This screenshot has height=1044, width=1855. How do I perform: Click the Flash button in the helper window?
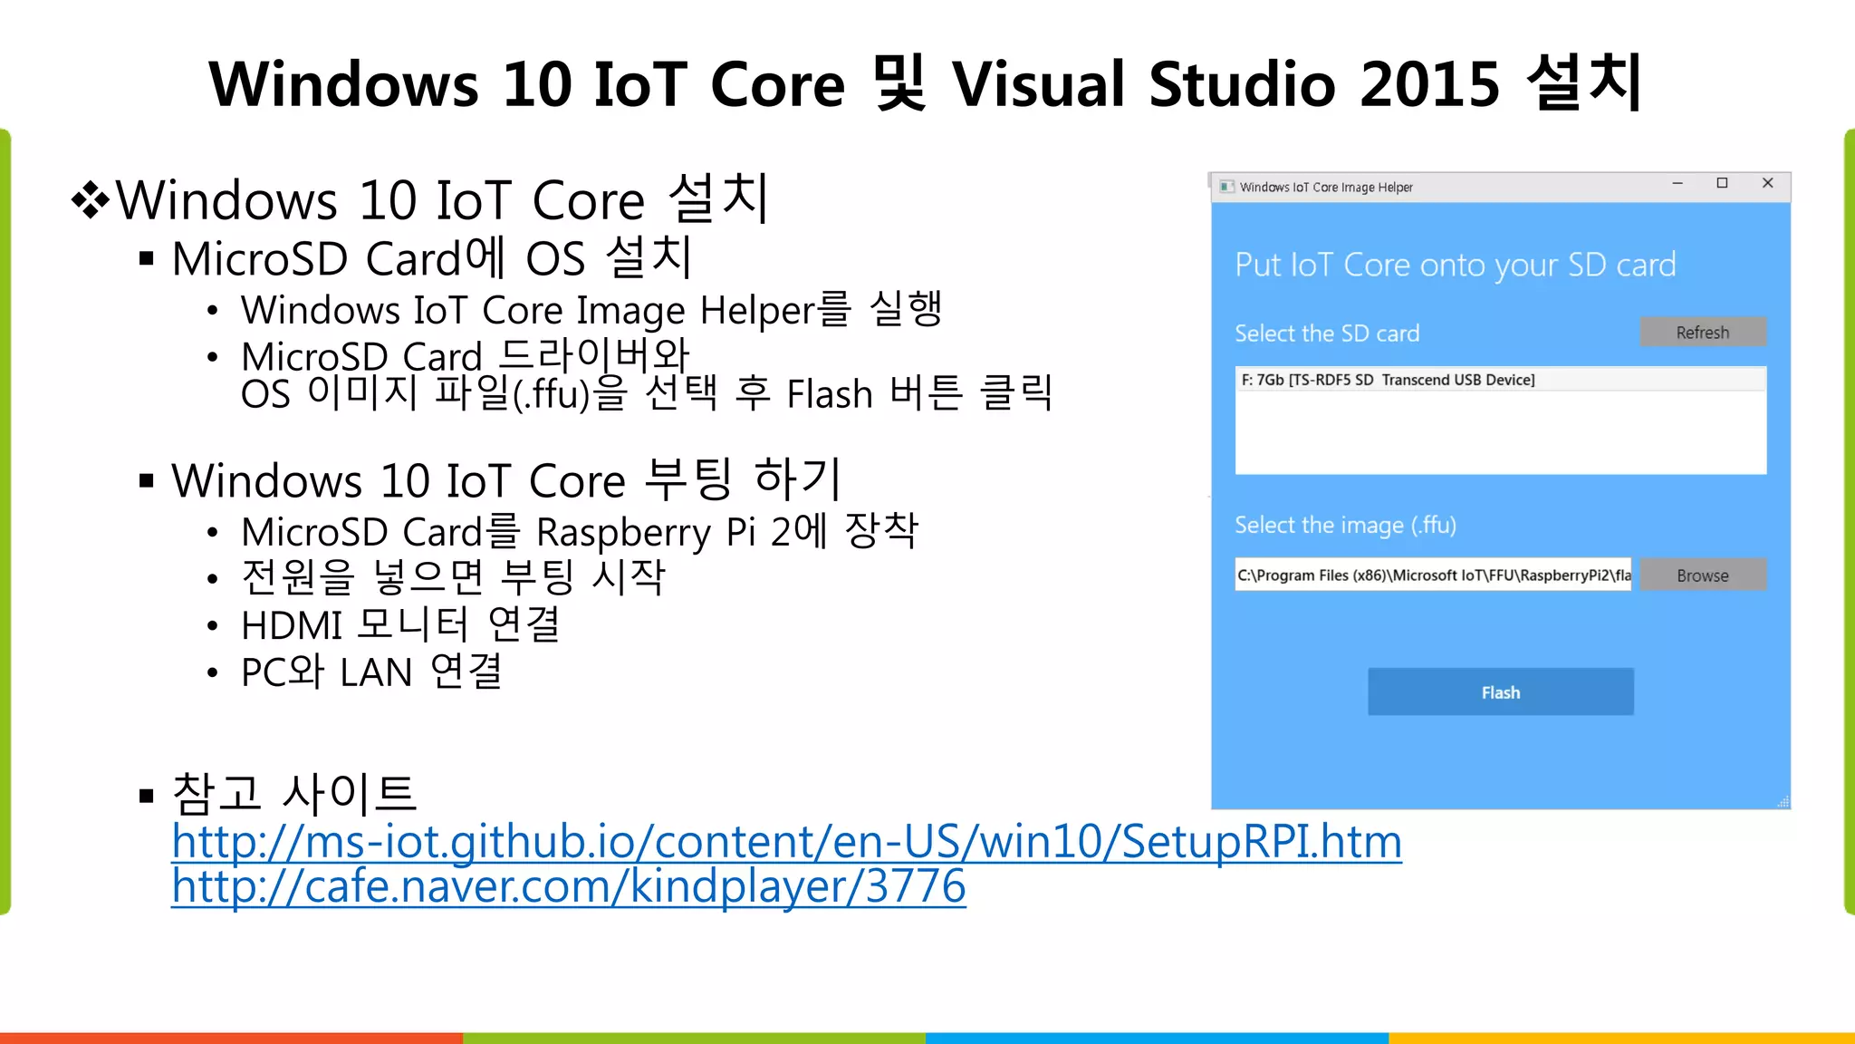(1500, 692)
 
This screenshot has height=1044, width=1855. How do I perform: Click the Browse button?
(1702, 575)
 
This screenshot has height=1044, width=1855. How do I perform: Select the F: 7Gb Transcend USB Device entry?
(1388, 380)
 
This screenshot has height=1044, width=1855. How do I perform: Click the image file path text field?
(1432, 575)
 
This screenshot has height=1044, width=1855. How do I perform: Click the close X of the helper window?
(1767, 184)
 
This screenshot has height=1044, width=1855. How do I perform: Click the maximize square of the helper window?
(1722, 184)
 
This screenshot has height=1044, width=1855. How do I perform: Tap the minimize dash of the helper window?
(1677, 184)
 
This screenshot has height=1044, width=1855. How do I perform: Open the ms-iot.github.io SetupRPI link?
(786, 842)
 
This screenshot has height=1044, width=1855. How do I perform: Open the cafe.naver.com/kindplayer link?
(568, 886)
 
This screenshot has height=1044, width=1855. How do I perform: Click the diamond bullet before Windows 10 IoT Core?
(91, 200)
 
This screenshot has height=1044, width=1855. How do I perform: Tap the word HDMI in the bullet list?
(291, 626)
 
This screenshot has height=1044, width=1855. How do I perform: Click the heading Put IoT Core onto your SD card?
(1455, 266)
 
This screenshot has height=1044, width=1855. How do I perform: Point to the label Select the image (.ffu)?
(1345, 526)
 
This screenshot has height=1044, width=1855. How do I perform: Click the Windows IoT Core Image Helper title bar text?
(1325, 188)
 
